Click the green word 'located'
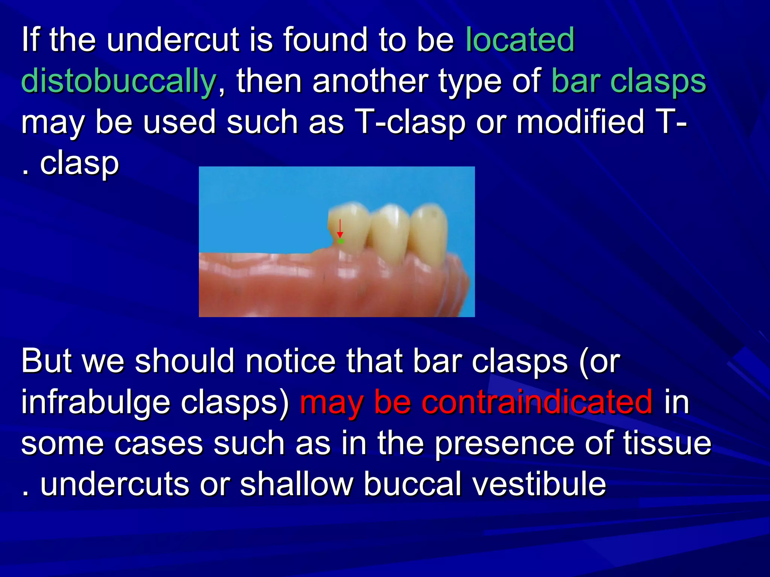pos(520,39)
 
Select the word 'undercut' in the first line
pos(173,39)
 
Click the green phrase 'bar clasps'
pos(629,81)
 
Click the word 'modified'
pos(581,122)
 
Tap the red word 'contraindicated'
pos(537,402)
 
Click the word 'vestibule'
pos(539,484)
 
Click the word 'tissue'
pos(667,443)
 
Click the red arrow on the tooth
pos(340,228)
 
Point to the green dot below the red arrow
pos(341,241)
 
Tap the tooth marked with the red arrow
pos(352,229)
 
